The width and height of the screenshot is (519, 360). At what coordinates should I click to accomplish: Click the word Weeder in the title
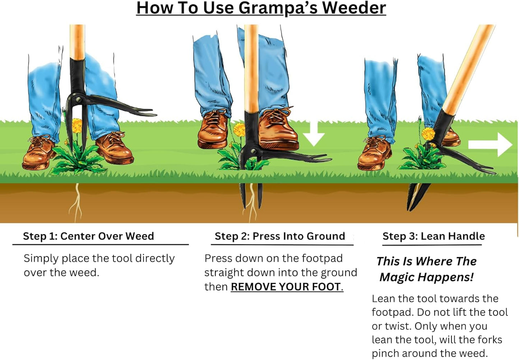[354, 8]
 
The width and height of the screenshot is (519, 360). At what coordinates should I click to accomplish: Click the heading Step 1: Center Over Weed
[88, 236]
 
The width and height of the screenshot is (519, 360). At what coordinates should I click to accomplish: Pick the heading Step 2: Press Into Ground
[280, 236]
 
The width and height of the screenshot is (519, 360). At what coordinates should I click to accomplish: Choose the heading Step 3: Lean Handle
[434, 236]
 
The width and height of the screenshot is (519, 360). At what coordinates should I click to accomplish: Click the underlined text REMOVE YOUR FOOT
[286, 287]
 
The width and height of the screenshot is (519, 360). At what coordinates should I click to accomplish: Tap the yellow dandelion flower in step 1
[77, 126]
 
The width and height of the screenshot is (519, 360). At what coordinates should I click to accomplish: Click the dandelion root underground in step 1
[76, 203]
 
